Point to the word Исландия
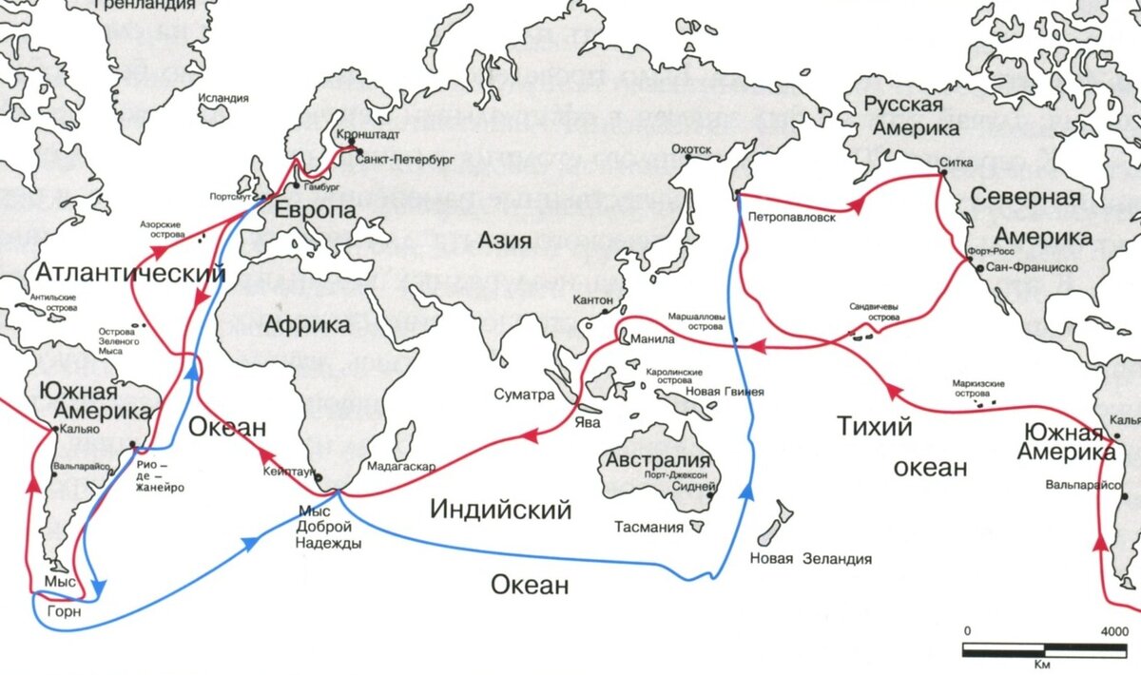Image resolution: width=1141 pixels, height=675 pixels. (224, 98)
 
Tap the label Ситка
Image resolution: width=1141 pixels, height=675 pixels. (956, 163)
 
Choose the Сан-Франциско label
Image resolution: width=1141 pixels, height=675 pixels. (1032, 268)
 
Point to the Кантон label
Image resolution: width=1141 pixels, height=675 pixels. (594, 300)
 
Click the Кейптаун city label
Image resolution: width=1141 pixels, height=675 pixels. (288, 472)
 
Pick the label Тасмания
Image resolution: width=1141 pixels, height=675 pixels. (648, 528)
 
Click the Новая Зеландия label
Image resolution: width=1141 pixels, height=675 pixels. (810, 559)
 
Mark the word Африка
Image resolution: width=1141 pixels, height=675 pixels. (306, 325)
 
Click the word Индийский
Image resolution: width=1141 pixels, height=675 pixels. (500, 510)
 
